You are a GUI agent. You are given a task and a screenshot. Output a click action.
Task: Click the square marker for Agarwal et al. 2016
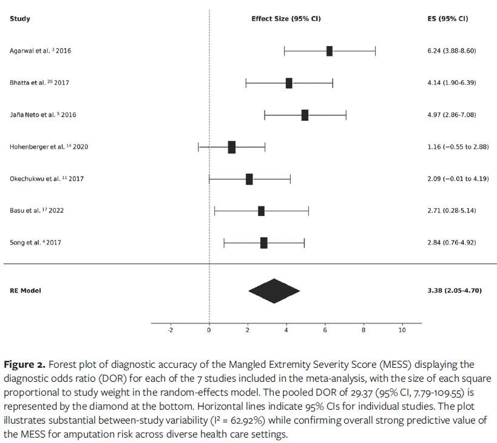[330, 51]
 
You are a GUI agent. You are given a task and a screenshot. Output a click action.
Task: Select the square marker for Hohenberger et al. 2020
[231, 147]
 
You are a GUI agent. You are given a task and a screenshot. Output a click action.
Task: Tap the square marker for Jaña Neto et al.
[305, 115]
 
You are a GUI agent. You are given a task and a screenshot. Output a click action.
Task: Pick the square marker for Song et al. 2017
[264, 243]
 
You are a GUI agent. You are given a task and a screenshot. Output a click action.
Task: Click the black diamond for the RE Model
[274, 291]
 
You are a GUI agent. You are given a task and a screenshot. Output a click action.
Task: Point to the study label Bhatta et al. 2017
[39, 83]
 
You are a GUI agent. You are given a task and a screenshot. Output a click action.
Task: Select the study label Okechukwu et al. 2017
[46, 178]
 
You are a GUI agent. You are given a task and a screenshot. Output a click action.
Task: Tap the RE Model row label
[25, 291]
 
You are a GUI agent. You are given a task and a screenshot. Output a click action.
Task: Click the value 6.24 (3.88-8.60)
[451, 51]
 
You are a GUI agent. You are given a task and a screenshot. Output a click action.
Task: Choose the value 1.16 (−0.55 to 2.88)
[458, 147]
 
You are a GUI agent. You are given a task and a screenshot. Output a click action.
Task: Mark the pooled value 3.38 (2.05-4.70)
[455, 291]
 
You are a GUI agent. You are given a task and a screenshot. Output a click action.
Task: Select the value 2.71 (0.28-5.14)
[451, 211]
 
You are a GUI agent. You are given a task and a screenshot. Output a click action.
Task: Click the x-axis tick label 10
[402, 330]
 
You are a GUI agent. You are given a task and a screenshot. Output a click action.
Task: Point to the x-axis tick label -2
[170, 330]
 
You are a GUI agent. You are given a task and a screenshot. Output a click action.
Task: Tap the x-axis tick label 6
[325, 330]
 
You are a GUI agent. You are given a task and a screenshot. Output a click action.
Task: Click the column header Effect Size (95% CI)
[286, 19]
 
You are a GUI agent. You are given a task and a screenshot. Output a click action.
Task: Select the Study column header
[19, 19]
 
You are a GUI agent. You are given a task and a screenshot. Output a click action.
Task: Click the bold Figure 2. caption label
[25, 365]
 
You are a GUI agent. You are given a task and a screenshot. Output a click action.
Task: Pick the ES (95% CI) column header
[447, 19]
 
